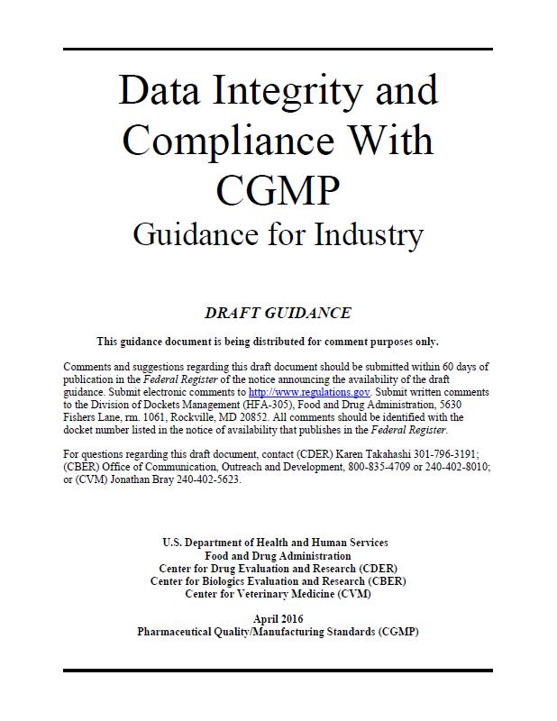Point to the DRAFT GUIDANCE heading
coord(278,314)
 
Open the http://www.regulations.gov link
coord(309,393)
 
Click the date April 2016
coord(278,618)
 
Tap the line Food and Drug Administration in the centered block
coord(278,556)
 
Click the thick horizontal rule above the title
coord(278,48)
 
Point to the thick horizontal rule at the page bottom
coord(278,671)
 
